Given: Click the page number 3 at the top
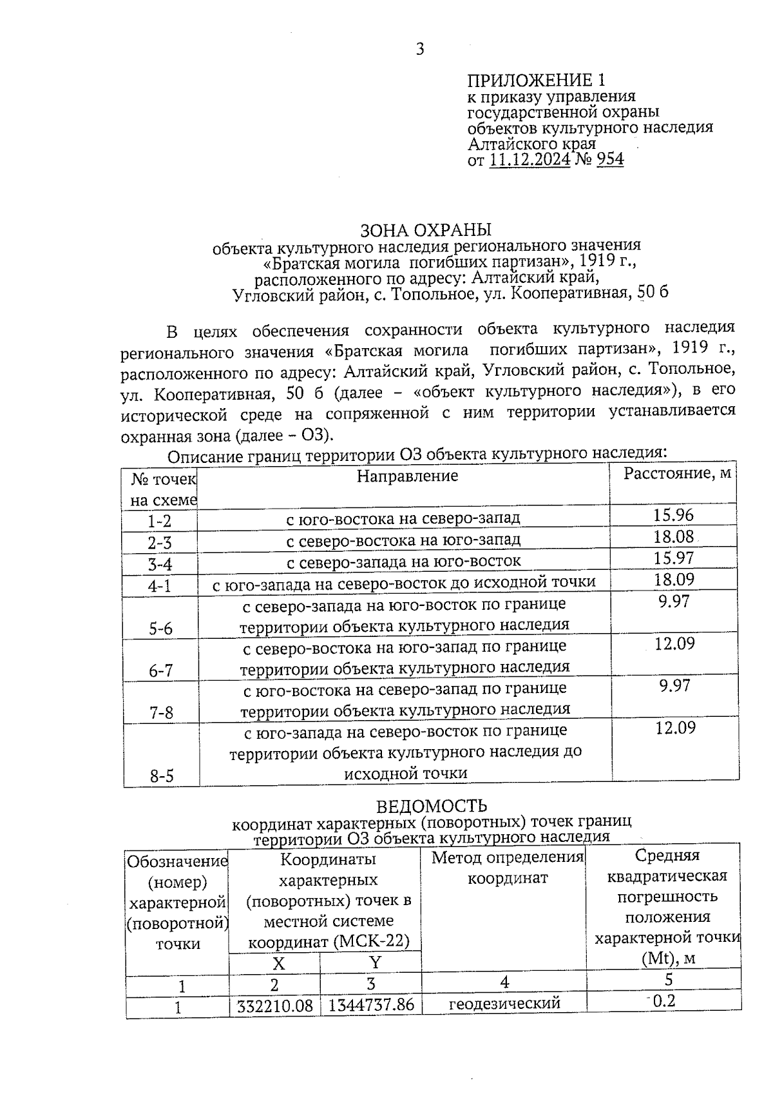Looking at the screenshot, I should point(420,49).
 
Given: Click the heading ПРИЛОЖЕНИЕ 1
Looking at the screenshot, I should point(536,81).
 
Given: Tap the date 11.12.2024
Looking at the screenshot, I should point(530,159).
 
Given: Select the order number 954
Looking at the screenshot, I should point(610,159).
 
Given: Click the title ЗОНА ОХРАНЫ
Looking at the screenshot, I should point(426,230).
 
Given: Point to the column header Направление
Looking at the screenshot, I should point(407,476).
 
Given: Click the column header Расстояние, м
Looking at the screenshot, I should point(677,473).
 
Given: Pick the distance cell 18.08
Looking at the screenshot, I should point(674,536).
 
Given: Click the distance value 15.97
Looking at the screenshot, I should point(674,558).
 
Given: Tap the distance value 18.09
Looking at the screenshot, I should point(674,579).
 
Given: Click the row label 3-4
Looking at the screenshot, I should point(160,565).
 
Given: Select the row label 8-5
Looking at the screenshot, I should point(162,776).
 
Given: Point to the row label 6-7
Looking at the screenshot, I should point(161,670).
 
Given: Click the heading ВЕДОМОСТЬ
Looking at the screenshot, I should point(431,806).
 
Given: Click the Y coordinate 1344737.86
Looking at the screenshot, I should point(371,1004).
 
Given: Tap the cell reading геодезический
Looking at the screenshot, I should point(504,1003).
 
